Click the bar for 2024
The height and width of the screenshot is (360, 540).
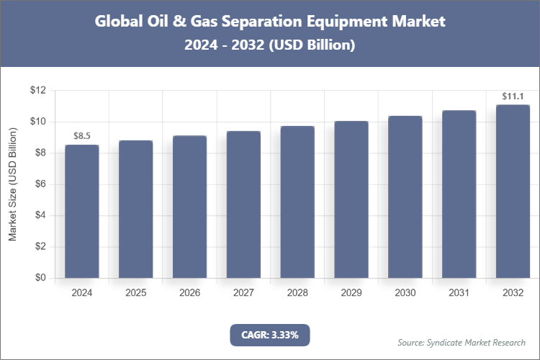pos(82,211)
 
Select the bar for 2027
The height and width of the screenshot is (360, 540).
pos(243,204)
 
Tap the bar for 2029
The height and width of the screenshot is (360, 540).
pos(351,199)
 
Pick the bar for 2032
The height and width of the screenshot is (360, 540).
pos(513,192)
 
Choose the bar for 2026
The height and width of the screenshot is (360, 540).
pos(189,207)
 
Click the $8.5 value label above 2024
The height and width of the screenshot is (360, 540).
pos(82,135)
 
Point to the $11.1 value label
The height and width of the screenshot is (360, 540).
pos(513,96)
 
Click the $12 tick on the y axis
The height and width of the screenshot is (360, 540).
pos(37,91)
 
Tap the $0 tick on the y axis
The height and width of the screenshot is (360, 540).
pos(40,278)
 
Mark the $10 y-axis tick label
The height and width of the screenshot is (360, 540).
pos(37,122)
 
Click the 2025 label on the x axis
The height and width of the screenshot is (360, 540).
pos(136,293)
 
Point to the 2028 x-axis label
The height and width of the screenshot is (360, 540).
pos(297,293)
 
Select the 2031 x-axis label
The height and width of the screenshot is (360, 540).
pos(459,293)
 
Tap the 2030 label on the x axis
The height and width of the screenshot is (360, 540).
pos(405,293)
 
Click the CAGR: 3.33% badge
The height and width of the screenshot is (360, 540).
pos(269,335)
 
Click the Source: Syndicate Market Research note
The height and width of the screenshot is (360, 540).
pos(462,342)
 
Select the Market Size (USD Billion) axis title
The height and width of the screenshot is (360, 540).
pos(12,184)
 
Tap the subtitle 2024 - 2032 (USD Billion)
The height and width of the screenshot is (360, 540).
pos(269,45)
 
